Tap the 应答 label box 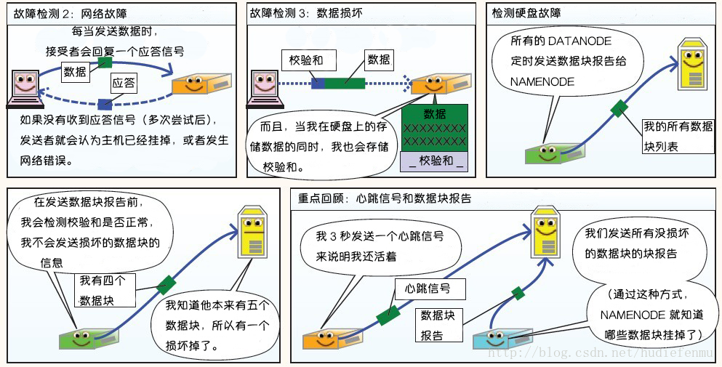pyautogui.click(x=123, y=84)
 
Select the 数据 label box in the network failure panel pyautogui.click(x=75, y=71)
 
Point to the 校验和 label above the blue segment pyautogui.click(x=305, y=60)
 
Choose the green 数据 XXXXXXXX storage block pyautogui.click(x=435, y=127)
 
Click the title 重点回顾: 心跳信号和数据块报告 pyautogui.click(x=385, y=198)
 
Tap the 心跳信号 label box pyautogui.click(x=427, y=289)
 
